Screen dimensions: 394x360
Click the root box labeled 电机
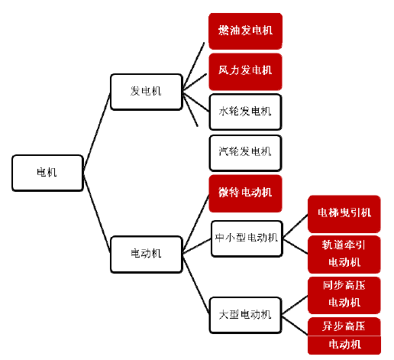(47, 173)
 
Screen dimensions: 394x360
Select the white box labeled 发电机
(147, 92)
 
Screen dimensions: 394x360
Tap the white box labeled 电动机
(147, 255)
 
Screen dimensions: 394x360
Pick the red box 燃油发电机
(245, 31)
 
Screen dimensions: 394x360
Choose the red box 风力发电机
(245, 72)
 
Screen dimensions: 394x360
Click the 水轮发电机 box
(245, 112)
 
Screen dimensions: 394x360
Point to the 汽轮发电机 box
(245, 153)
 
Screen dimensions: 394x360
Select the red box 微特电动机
(245, 193)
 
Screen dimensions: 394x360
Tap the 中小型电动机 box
(247, 238)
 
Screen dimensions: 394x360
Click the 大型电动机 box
(245, 315)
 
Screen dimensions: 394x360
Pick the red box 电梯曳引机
(344, 214)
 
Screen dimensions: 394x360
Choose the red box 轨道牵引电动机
(344, 255)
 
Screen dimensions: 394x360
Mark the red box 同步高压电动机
(344, 295)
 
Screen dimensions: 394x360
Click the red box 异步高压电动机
(344, 336)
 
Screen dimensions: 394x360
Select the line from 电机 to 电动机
(97, 213)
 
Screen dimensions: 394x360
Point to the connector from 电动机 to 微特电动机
(195, 222)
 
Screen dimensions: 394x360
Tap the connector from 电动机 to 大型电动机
(195, 285)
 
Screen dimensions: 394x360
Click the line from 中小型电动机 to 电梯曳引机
(295, 226)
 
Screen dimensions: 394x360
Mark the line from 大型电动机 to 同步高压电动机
(295, 305)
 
